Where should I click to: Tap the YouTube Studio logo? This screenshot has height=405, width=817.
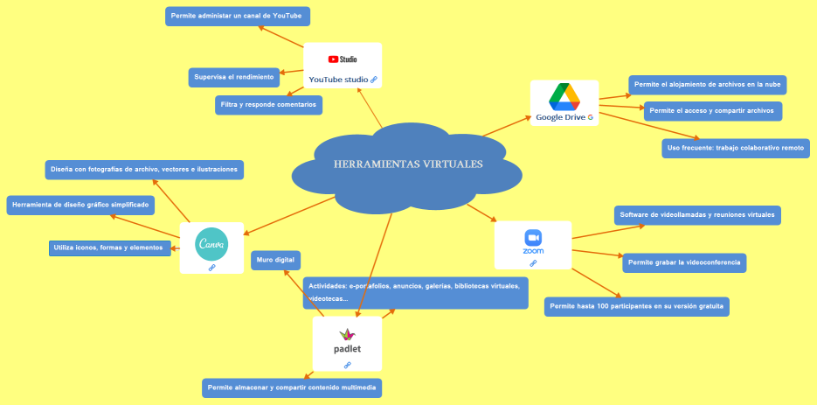[x=343, y=59]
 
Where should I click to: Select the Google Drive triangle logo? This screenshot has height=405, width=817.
[x=564, y=96]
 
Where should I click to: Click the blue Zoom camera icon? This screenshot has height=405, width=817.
[x=533, y=237]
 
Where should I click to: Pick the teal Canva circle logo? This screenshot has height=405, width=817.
[x=211, y=244]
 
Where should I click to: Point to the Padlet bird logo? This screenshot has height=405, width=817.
[x=348, y=333]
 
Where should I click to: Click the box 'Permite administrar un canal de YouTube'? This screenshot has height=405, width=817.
[x=238, y=16]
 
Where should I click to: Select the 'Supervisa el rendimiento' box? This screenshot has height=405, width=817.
[x=234, y=77]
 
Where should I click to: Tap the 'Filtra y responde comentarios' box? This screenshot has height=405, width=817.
[x=269, y=105]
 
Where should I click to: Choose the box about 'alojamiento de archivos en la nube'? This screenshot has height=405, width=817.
[x=709, y=85]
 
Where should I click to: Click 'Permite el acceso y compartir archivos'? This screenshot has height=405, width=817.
[x=712, y=111]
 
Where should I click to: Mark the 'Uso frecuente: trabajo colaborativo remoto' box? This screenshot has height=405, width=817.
[x=736, y=148]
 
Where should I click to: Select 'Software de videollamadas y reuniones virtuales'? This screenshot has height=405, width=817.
[x=697, y=214]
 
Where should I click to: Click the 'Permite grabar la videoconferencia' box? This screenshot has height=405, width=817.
[x=684, y=262]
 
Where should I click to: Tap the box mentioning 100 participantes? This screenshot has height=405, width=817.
[x=637, y=306]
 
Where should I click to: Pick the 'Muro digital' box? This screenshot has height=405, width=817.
[x=276, y=260]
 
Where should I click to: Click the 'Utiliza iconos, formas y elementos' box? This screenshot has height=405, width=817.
[x=109, y=248]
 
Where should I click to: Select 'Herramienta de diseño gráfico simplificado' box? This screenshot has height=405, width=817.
[x=80, y=205]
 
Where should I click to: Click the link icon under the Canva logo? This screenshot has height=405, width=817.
[x=211, y=268]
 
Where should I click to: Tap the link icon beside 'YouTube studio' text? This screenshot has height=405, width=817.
[x=374, y=80]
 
